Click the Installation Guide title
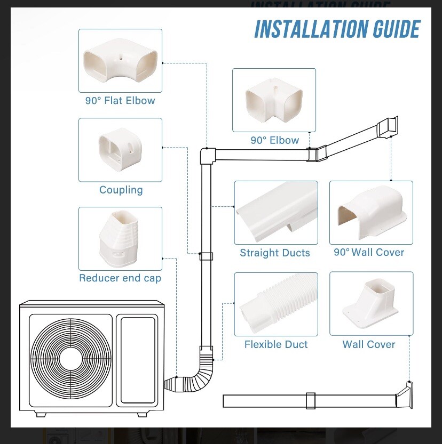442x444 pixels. pos(337,29)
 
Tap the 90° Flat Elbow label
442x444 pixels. pos(120,100)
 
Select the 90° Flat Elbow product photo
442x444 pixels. pos(120,61)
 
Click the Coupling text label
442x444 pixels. pos(121,190)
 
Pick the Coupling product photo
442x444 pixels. pos(120,150)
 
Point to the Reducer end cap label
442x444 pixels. pos(120,278)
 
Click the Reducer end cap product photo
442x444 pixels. pos(120,238)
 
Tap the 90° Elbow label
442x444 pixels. pos(274,140)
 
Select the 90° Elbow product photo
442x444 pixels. pos(274,100)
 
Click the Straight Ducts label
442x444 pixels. pos(275,253)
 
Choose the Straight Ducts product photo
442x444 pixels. pos(276,212)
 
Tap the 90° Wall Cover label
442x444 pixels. pos(369,252)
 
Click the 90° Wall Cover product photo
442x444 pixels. pos(371,212)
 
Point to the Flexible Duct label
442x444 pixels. pos(276,344)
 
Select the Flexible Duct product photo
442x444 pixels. pos(276,304)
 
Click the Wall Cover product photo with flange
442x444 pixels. pos(371,304)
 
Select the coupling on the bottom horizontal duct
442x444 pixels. pos(311,401)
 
